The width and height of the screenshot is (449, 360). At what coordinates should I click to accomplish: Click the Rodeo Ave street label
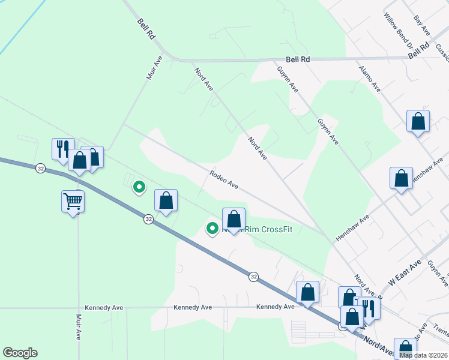(x=224, y=179)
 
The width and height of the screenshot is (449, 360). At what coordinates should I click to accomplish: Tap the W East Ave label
(x=405, y=273)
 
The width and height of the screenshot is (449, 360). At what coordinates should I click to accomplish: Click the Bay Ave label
(x=422, y=25)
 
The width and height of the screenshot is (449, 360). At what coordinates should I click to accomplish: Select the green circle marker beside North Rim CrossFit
(x=212, y=228)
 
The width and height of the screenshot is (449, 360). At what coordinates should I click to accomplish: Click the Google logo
(x=20, y=353)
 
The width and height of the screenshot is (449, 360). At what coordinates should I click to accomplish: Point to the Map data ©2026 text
(x=423, y=355)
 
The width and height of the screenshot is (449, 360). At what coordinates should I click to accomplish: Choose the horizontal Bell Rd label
(x=298, y=59)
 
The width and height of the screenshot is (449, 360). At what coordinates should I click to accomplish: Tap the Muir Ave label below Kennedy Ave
(x=79, y=326)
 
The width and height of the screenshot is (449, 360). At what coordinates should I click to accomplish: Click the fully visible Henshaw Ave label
(x=352, y=229)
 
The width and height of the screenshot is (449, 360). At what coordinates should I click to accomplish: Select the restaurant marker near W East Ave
(x=369, y=308)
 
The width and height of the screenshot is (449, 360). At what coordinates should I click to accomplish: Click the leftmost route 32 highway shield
(x=40, y=168)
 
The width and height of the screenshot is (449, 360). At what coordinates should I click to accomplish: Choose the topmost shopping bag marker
(x=418, y=121)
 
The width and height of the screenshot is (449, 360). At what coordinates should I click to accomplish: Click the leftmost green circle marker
(x=139, y=187)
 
